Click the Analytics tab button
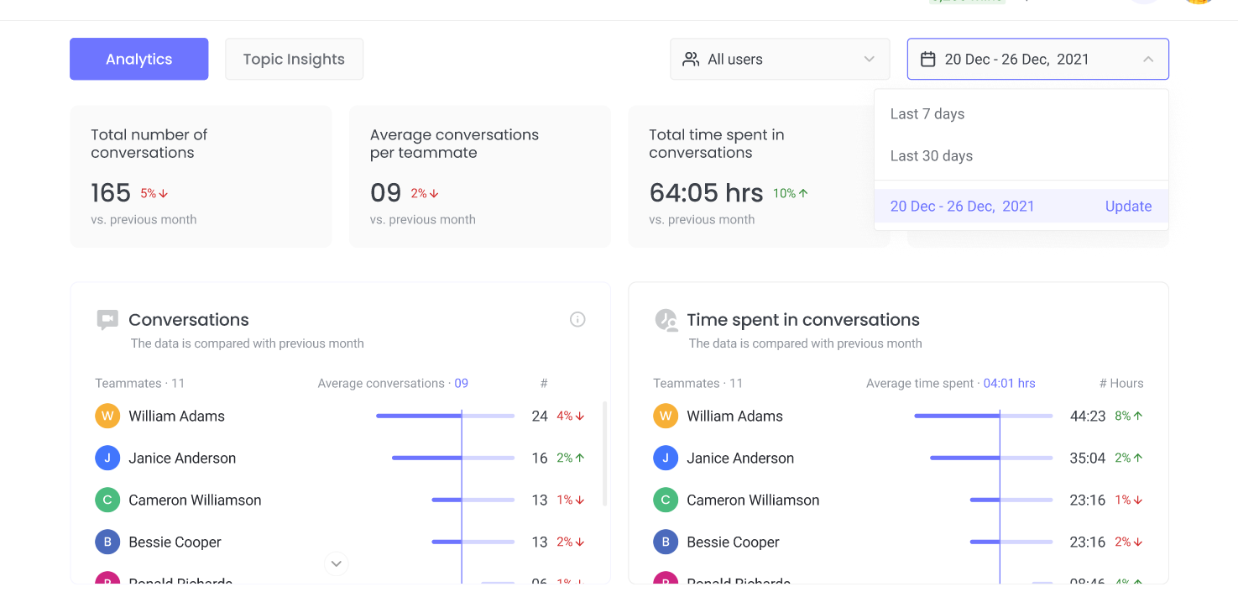[138, 59]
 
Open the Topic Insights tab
[294, 59]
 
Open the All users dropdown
[779, 59]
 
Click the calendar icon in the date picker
[927, 59]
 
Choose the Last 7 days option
[927, 114]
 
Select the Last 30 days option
[932, 156]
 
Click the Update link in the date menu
[1128, 207]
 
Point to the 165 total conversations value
[111, 193]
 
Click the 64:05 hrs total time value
[706, 193]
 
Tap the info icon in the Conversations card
[577, 319]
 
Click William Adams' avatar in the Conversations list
[107, 416]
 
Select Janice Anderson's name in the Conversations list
[182, 458]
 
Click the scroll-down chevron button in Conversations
[337, 563]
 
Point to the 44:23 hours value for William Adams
[1088, 416]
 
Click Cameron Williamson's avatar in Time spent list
[666, 500]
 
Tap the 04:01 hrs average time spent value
[1009, 383]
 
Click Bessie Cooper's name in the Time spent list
[733, 542]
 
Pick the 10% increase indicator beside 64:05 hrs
[791, 193]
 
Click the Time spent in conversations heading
[802, 319]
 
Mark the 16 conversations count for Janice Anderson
[540, 458]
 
